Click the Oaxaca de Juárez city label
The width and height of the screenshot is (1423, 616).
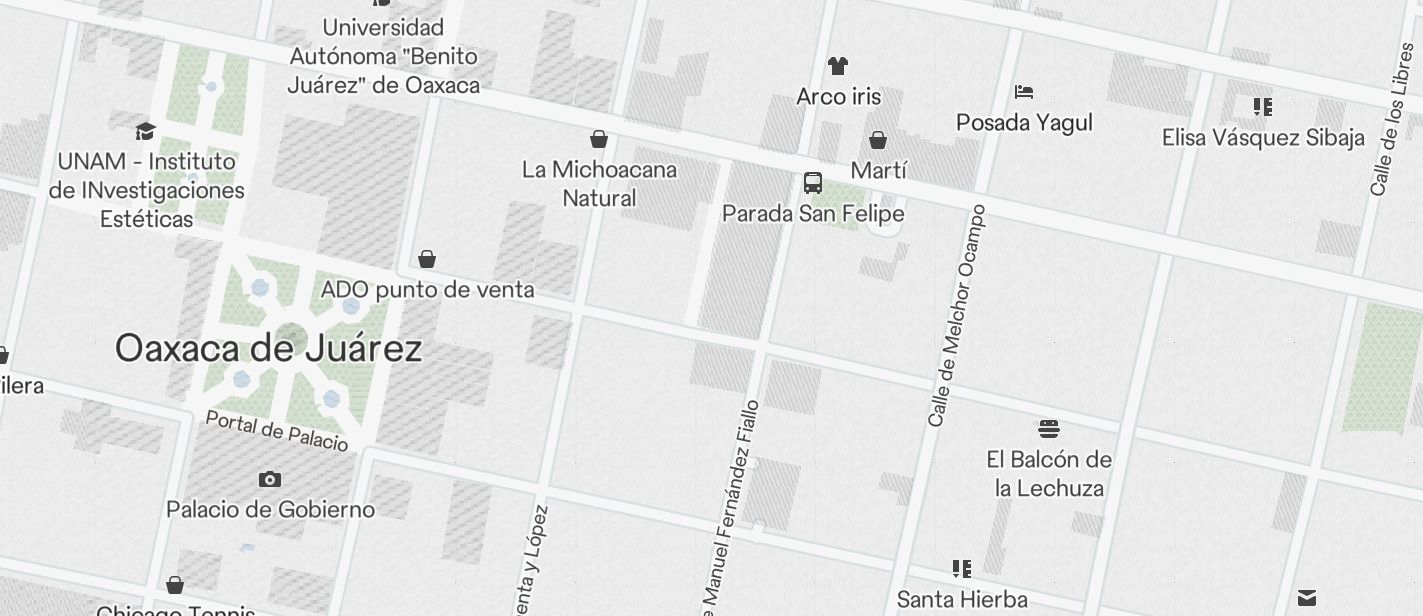(x=268, y=348)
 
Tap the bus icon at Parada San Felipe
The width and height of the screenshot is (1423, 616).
(x=813, y=183)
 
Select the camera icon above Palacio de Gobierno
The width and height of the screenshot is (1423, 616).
(x=269, y=480)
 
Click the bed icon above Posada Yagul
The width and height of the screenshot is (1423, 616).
(x=1024, y=92)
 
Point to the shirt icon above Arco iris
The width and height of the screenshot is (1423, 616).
(x=838, y=66)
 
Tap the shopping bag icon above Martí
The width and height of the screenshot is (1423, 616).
(x=878, y=140)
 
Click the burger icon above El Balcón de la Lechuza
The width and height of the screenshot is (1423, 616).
(x=1049, y=429)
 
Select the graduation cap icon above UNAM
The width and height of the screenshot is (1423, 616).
(x=146, y=131)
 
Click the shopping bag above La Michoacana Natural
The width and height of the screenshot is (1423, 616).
(x=599, y=139)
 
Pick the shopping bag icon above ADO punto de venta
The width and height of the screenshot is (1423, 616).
(x=427, y=260)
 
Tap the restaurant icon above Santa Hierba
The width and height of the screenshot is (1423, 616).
(x=962, y=569)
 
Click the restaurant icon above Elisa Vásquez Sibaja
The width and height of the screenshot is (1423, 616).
(x=1263, y=106)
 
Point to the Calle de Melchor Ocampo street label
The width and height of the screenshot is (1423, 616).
(x=957, y=316)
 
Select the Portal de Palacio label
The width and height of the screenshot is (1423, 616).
(x=277, y=430)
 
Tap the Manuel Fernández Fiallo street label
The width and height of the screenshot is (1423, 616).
(x=730, y=505)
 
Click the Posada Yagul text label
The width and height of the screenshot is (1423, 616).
(x=1024, y=123)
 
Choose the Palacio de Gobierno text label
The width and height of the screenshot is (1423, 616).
(x=270, y=510)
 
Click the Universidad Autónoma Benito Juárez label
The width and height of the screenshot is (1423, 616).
(x=383, y=56)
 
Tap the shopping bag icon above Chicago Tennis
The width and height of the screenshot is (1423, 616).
(x=175, y=585)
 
